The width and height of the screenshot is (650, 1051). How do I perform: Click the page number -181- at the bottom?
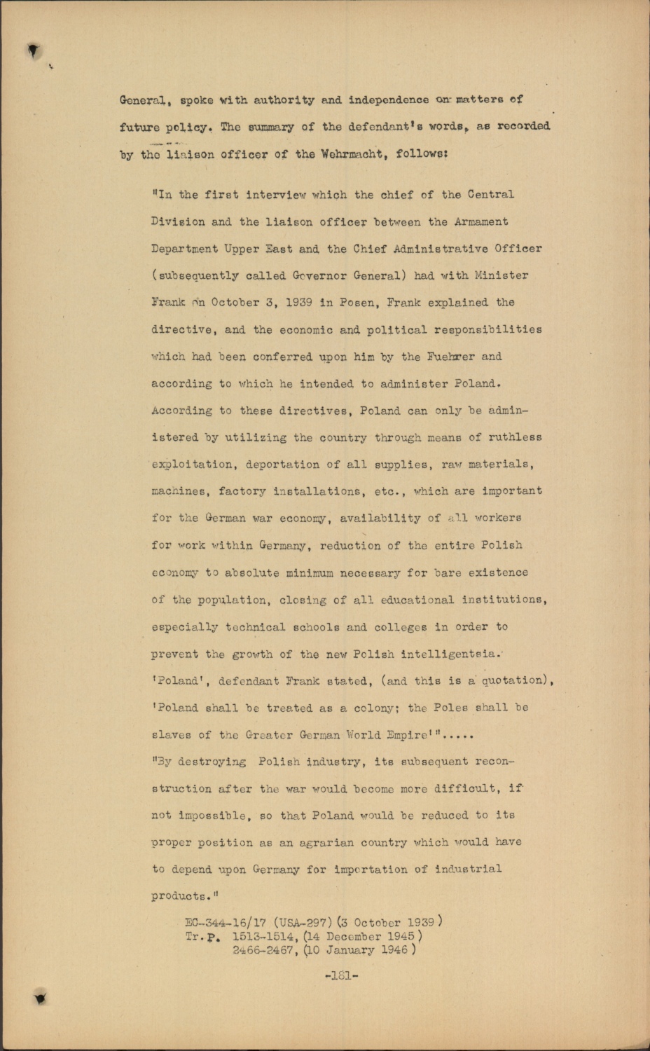click(342, 975)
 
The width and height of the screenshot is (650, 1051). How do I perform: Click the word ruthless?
click(515, 438)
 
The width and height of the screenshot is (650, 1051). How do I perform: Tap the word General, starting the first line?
click(144, 101)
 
